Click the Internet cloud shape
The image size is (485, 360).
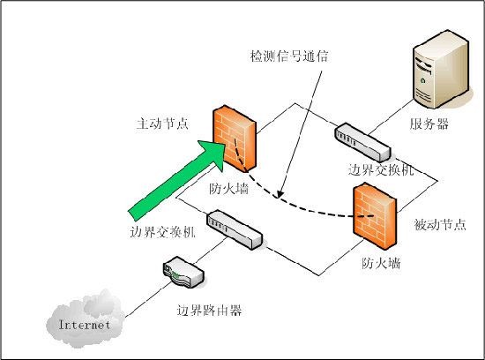83,322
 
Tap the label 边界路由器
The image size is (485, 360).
209,311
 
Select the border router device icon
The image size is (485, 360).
184,274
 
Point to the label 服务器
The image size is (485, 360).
429,124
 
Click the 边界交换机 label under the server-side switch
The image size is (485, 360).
376,168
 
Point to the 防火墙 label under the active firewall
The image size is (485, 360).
228,188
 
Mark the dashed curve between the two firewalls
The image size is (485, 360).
300,206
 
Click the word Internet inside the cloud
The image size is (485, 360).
85,325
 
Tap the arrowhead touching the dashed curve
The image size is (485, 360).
280,191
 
